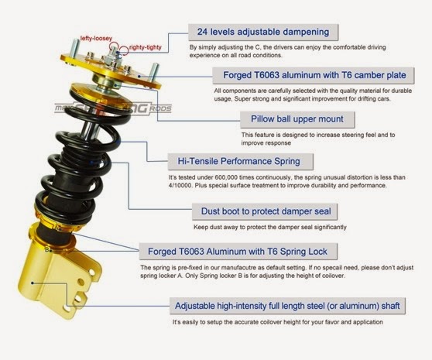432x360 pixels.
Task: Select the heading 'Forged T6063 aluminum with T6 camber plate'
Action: (x=313, y=75)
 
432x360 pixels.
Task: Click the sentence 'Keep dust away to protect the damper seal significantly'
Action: (x=268, y=227)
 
